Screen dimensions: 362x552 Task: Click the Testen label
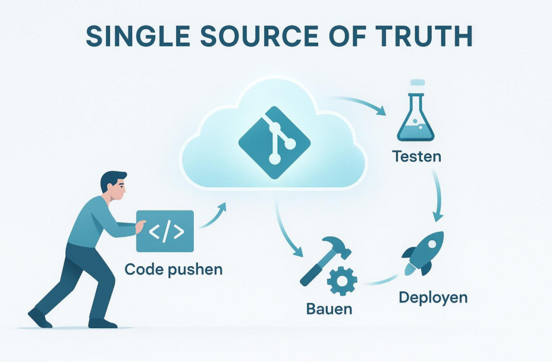(x=416, y=158)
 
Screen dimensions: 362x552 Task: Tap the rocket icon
(x=424, y=253)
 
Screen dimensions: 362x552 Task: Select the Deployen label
(x=433, y=297)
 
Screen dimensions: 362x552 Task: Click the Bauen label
(x=329, y=309)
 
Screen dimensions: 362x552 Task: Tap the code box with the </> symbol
(x=165, y=231)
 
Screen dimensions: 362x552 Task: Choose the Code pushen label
(x=174, y=269)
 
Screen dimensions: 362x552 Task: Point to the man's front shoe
(x=102, y=323)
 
